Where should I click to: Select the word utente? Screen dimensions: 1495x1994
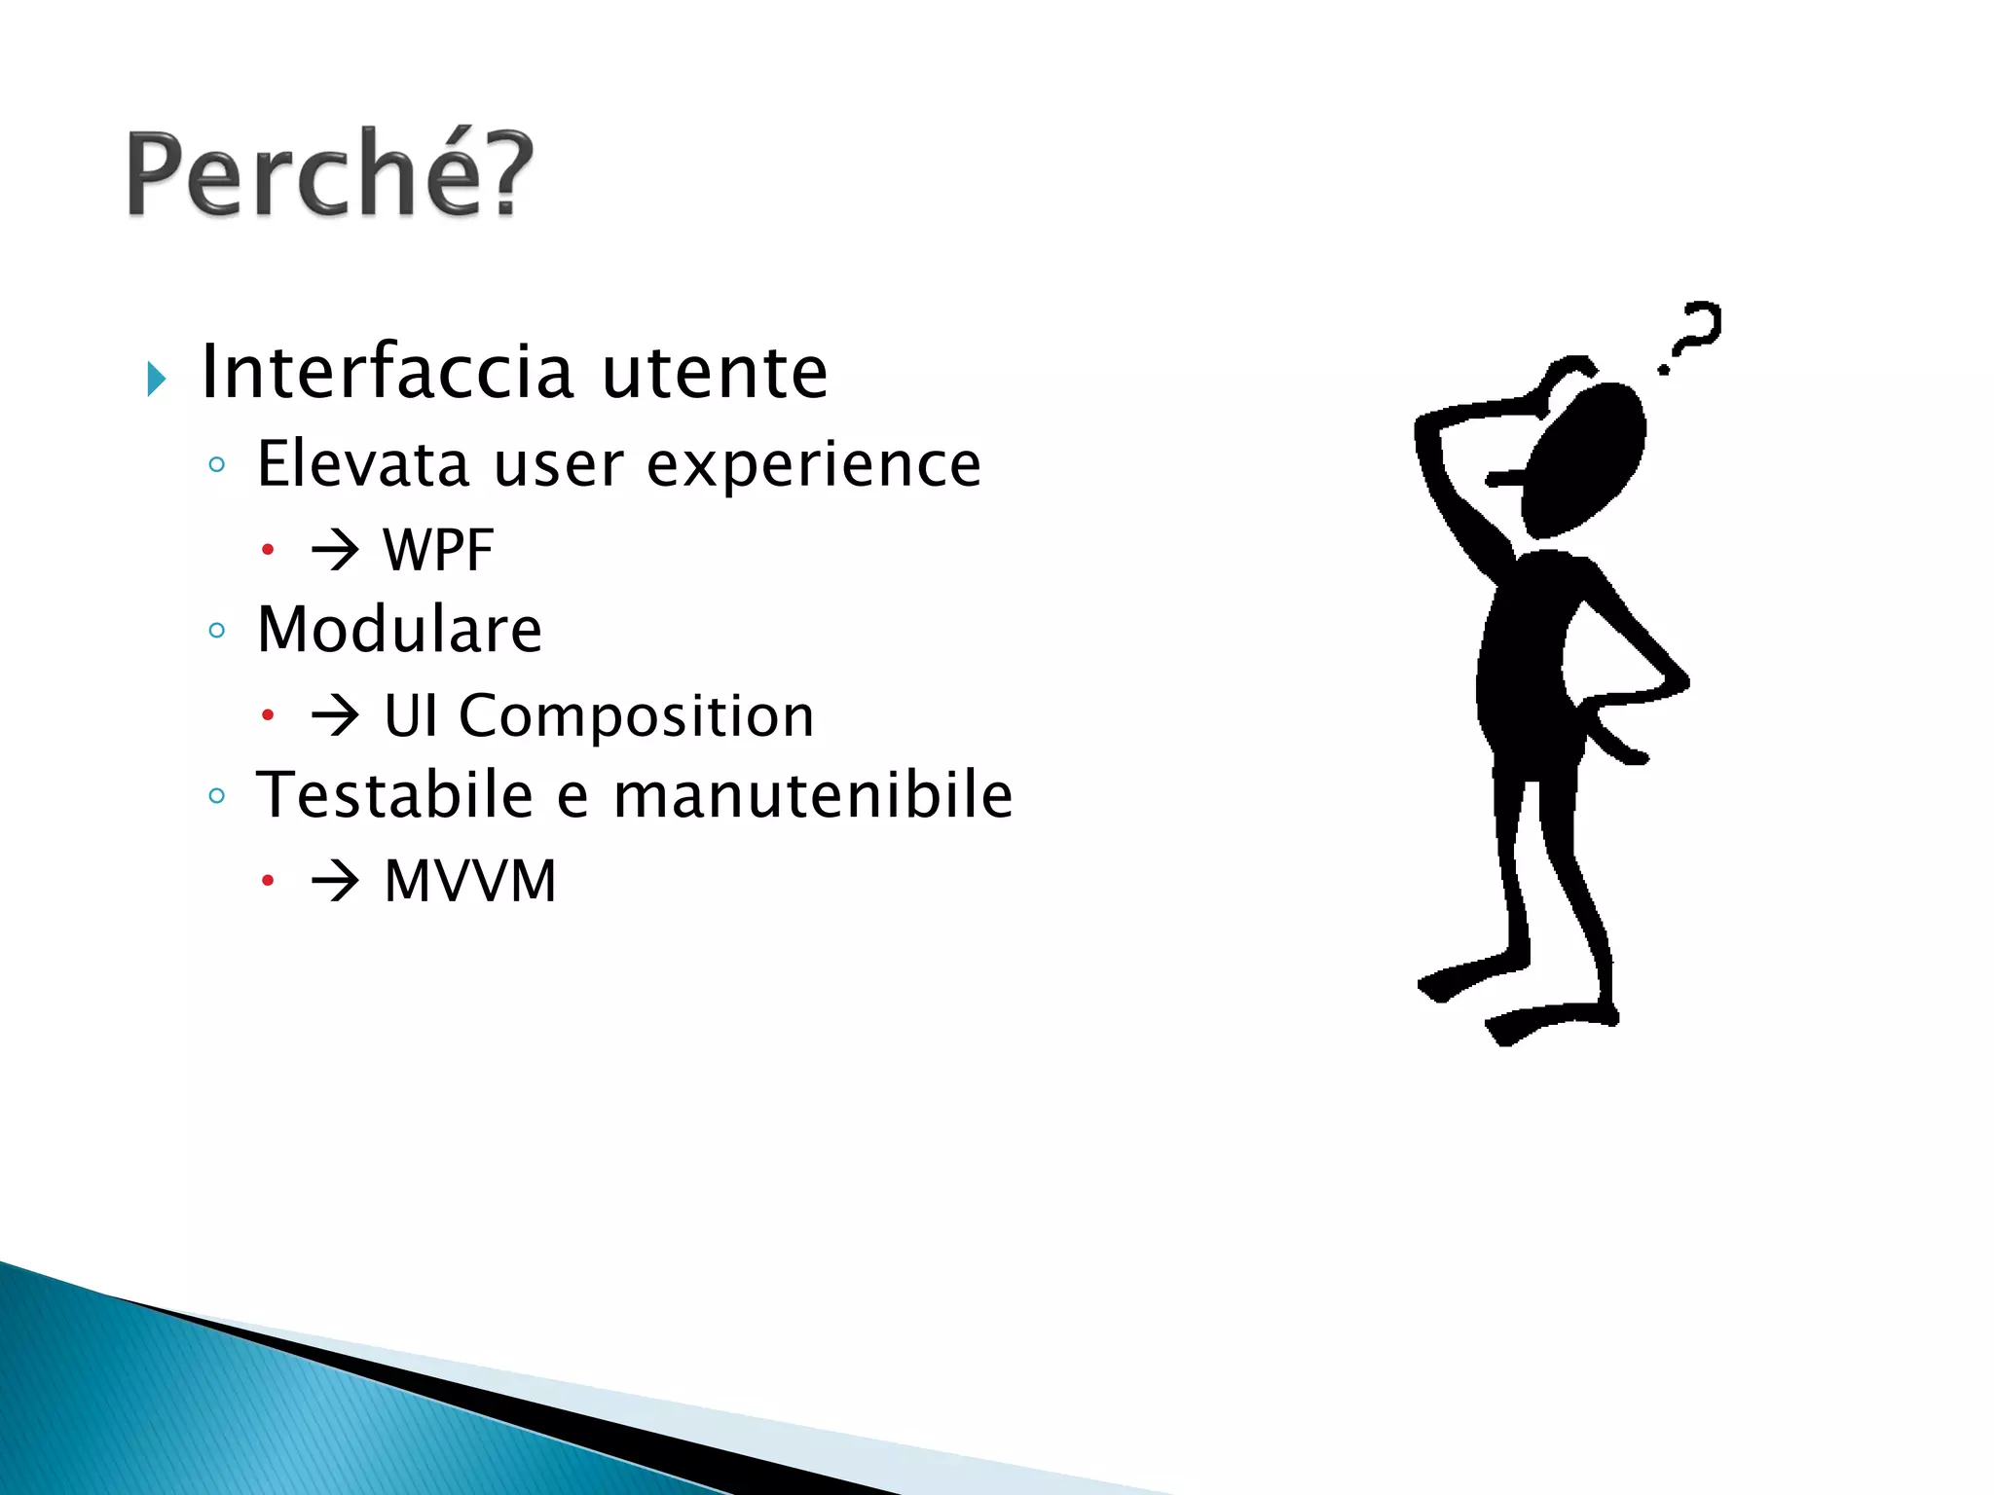(x=715, y=373)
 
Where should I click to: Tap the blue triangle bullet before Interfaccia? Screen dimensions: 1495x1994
(x=156, y=379)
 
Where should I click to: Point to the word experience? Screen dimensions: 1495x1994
(x=813, y=465)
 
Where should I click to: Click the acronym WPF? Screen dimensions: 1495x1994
(x=438, y=551)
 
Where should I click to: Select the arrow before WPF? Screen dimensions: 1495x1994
(x=335, y=551)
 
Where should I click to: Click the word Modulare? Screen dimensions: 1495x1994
(x=398, y=629)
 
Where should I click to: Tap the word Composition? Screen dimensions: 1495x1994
(x=636, y=716)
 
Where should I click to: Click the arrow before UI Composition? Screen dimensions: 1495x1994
(x=335, y=717)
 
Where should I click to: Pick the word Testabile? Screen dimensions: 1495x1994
(x=393, y=794)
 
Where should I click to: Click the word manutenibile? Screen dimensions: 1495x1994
(x=813, y=794)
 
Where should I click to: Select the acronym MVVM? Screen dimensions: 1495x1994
(x=470, y=882)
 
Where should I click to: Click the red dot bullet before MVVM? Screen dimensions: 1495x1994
(x=268, y=882)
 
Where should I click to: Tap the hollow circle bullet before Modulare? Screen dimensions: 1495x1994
(x=217, y=631)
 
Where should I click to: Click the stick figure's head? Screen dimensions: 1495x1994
(x=1583, y=457)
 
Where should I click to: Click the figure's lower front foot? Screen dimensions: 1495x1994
(x=1548, y=1022)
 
